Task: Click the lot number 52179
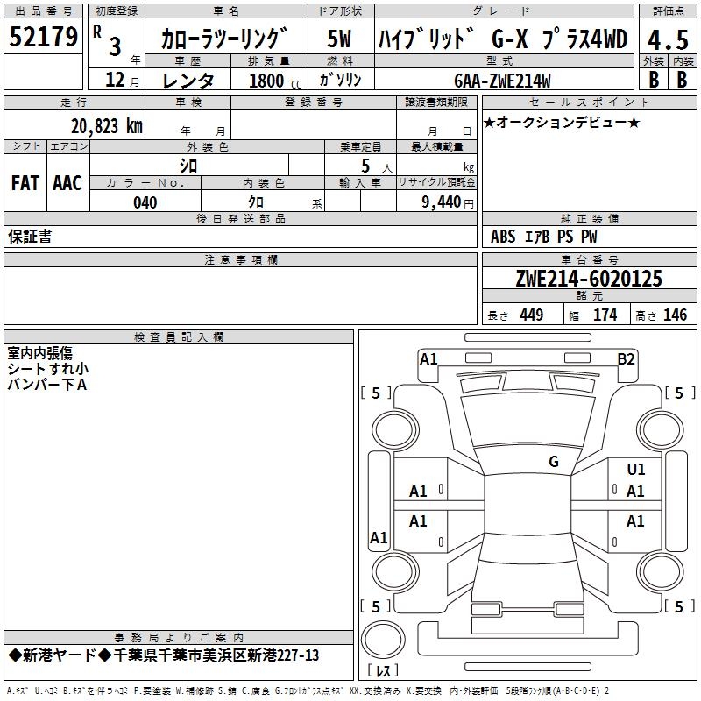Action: click(x=43, y=38)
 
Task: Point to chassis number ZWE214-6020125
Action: click(x=589, y=280)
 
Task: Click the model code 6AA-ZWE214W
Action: click(x=503, y=81)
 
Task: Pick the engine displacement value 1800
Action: click(x=266, y=81)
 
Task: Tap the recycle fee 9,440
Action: click(x=441, y=202)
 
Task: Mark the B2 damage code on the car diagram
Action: click(x=626, y=358)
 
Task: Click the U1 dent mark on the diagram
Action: click(x=636, y=470)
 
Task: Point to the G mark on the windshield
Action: click(x=554, y=462)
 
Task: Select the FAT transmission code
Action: click(x=25, y=183)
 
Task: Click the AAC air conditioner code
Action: click(x=67, y=183)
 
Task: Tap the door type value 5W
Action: click(x=340, y=39)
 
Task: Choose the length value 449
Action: click(x=530, y=315)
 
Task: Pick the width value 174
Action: click(x=605, y=315)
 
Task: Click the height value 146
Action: click(x=675, y=315)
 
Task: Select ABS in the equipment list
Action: click(x=503, y=237)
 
